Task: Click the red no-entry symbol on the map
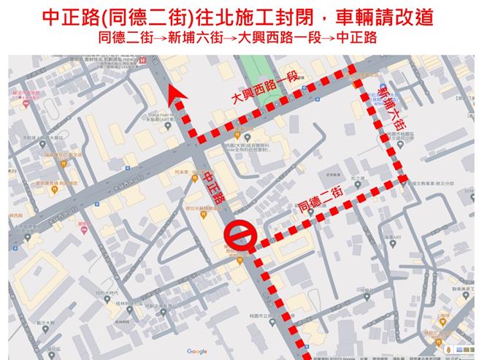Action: [x=239, y=236]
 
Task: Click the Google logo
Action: [x=196, y=351]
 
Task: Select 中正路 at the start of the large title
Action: [x=62, y=17]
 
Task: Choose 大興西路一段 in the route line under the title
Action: [x=281, y=37]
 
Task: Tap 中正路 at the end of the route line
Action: [x=358, y=37]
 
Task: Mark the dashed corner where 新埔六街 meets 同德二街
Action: [x=402, y=178]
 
